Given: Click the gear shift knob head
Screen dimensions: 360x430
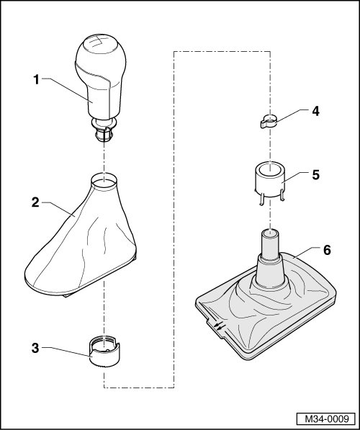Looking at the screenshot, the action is pos(101,77).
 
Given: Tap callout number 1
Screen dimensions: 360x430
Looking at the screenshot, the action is pos(36,80).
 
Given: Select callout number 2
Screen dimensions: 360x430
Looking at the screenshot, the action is pos(36,202).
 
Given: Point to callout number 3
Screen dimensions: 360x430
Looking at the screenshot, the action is pos(36,349).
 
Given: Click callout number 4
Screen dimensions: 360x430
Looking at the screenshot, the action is pos(315,112).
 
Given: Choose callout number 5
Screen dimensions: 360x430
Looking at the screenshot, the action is pos(316,175).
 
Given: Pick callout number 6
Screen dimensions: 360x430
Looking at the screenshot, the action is pos(327,250).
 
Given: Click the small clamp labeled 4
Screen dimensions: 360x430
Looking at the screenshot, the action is pos(269,122).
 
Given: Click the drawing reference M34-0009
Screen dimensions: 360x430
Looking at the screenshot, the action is pos(327,418).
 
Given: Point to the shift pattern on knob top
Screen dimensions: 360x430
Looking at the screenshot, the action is pos(95,42).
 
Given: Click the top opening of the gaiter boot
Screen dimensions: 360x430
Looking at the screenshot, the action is pos(104,181).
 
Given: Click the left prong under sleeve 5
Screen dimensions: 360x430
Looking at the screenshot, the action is pos(261,199).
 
